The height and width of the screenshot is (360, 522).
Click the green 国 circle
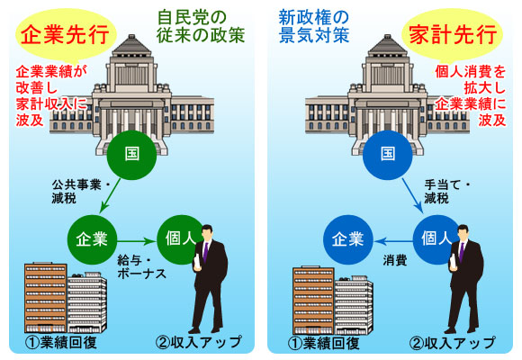click(x=131, y=155)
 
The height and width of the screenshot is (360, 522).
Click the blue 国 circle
click(x=388, y=155)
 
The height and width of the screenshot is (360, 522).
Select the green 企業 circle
click(x=92, y=239)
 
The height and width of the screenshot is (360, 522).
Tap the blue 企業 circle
click(x=348, y=239)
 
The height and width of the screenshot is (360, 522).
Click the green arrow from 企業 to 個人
click(x=137, y=241)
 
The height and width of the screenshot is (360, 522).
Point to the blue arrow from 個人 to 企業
click(x=393, y=241)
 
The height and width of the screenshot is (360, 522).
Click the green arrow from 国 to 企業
click(x=110, y=195)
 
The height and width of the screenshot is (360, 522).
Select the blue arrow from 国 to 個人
click(x=412, y=196)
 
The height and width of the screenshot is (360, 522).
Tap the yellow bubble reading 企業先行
click(x=66, y=36)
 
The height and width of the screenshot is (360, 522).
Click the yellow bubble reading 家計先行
click(x=452, y=36)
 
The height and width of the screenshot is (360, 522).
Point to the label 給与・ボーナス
click(x=141, y=266)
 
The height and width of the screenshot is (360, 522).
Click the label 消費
click(x=395, y=260)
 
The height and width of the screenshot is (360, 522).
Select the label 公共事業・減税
click(x=81, y=192)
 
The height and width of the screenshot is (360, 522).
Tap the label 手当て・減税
click(x=446, y=192)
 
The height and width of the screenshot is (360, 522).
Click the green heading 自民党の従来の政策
click(x=201, y=27)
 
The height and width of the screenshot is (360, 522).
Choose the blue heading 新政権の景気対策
click(x=314, y=27)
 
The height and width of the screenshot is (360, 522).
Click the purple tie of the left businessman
click(x=205, y=252)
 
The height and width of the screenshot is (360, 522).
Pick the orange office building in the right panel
click(x=313, y=301)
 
